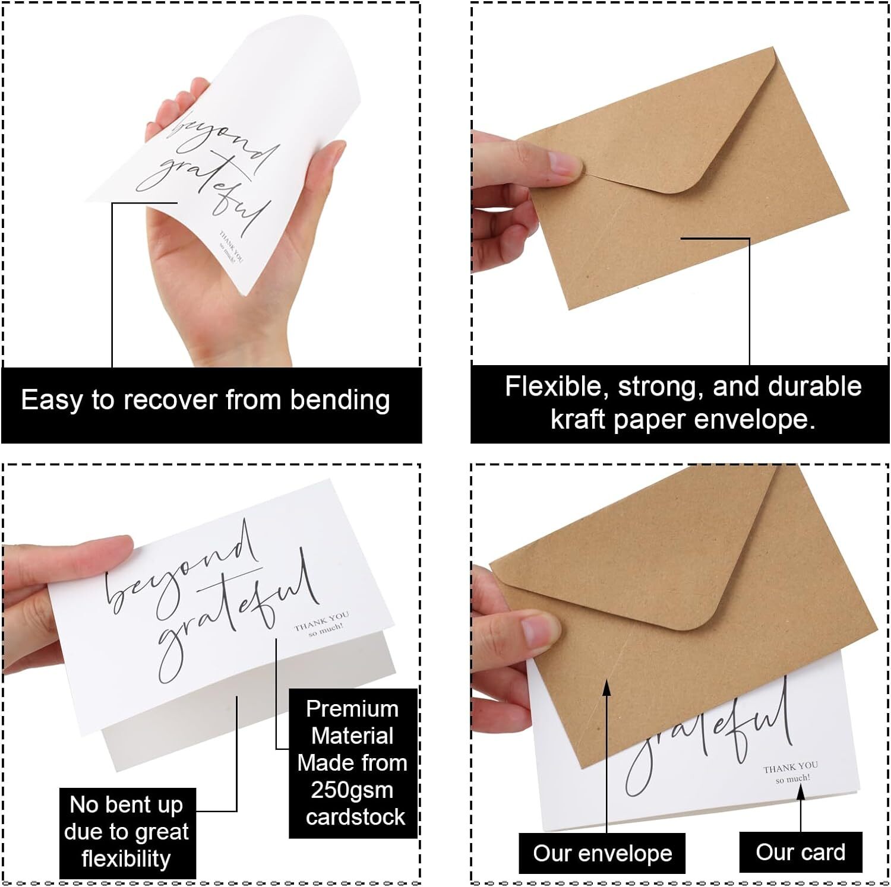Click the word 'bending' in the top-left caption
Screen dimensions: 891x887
coord(340,401)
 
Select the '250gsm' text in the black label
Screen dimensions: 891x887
coord(352,790)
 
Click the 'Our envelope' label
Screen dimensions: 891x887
coord(602,853)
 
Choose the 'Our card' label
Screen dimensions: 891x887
coord(800,852)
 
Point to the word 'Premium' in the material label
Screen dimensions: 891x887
coord(352,709)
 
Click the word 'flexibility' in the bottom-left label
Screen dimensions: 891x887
coord(126,859)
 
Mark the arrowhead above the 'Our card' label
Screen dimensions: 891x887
coord(801,792)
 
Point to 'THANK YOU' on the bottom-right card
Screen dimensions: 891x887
coord(790,766)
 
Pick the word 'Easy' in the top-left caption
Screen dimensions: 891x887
coord(52,401)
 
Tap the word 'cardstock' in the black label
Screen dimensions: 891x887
coord(355,817)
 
